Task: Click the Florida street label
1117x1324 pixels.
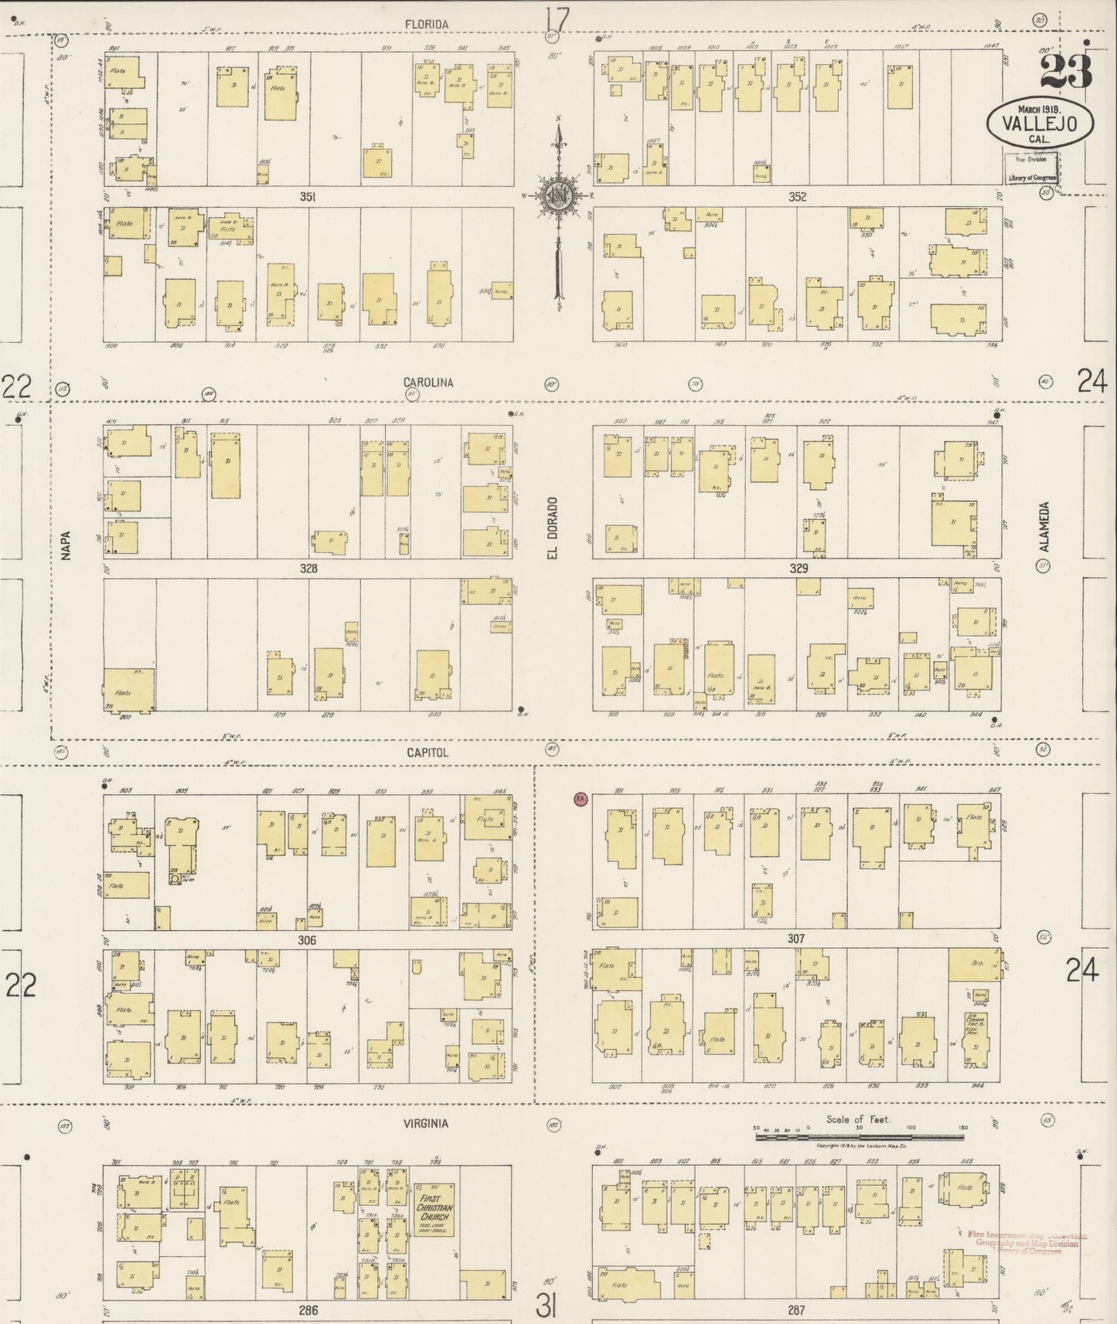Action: [427, 25]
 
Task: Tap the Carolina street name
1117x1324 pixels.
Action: [428, 382]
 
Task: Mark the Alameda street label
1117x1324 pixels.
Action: [1044, 528]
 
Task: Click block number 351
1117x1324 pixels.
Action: [308, 198]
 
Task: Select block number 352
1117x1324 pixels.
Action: [797, 198]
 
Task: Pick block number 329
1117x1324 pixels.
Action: [799, 569]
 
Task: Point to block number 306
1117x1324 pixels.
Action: [308, 940]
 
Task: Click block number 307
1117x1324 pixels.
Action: [796, 939]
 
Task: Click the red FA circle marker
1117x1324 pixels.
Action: [581, 799]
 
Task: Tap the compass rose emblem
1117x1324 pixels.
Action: [557, 196]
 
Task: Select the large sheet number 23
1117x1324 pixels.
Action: [1066, 71]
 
